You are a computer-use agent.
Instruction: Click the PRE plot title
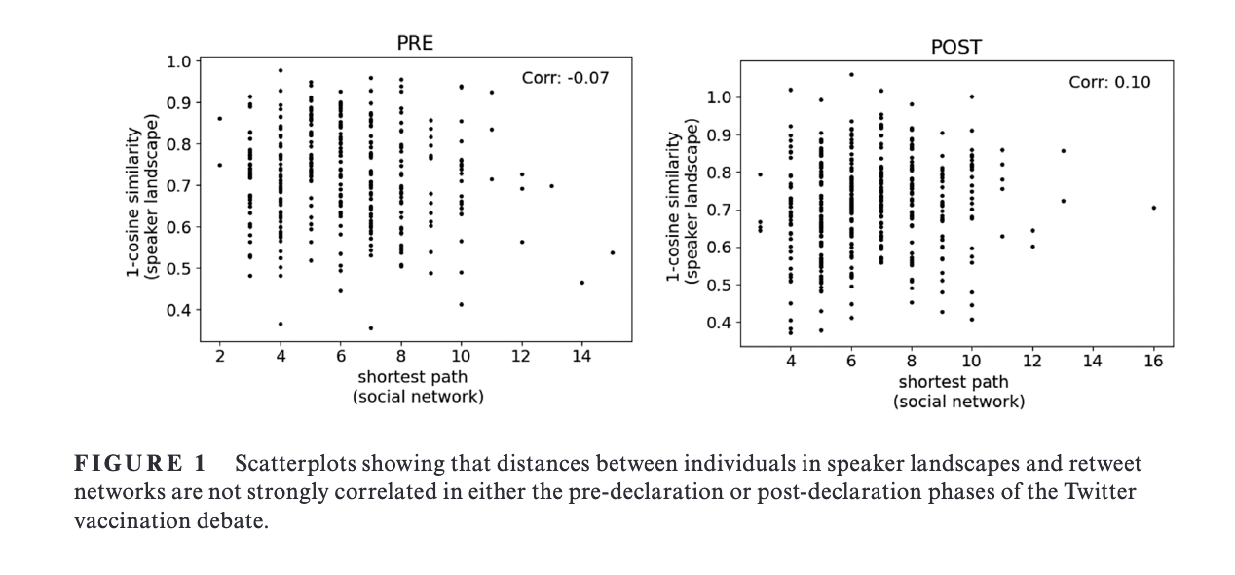click(x=415, y=43)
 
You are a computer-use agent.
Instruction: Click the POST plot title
click(x=956, y=48)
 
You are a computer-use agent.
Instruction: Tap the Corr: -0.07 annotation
click(x=565, y=78)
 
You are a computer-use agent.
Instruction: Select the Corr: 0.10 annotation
click(x=1109, y=82)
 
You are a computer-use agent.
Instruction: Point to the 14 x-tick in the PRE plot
click(x=581, y=357)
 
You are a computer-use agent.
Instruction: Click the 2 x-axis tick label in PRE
click(x=220, y=357)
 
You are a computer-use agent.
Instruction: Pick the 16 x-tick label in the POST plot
click(x=1153, y=361)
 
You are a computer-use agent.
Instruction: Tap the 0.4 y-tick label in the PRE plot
click(x=178, y=310)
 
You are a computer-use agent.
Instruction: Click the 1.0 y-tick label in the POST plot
click(x=719, y=97)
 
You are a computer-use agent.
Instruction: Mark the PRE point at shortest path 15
click(x=613, y=252)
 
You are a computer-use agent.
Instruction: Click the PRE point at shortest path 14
click(x=582, y=283)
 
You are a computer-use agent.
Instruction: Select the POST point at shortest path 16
click(x=1154, y=208)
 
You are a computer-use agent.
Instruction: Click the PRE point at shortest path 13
click(x=552, y=186)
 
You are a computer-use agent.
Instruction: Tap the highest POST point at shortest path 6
click(x=851, y=74)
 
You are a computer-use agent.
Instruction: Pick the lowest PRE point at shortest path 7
click(x=371, y=328)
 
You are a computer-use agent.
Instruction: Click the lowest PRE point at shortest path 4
click(x=281, y=324)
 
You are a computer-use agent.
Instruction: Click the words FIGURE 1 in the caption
click(x=140, y=463)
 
